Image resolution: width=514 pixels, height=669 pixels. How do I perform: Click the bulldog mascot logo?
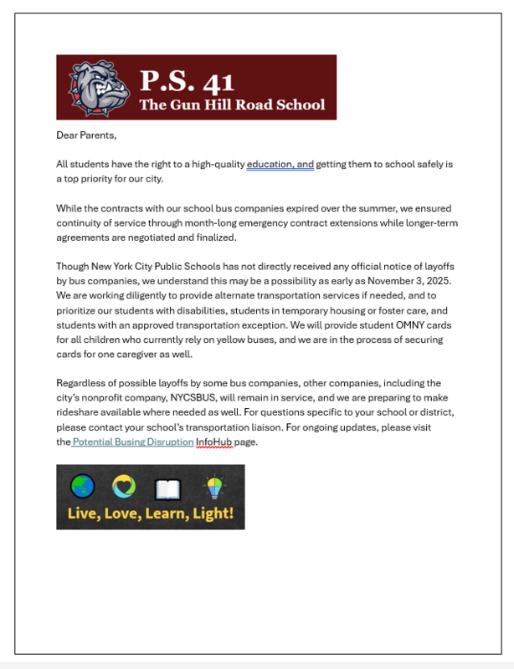[95, 87]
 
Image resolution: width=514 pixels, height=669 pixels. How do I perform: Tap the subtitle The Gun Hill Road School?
[232, 105]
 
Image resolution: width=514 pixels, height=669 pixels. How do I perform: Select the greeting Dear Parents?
[86, 135]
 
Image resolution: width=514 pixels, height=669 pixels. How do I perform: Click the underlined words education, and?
[280, 165]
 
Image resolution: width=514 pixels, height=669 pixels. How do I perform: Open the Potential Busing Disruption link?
[133, 442]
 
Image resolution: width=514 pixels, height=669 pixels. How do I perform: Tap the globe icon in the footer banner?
[83, 485]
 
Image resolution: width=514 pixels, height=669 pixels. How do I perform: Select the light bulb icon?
[215, 485]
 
